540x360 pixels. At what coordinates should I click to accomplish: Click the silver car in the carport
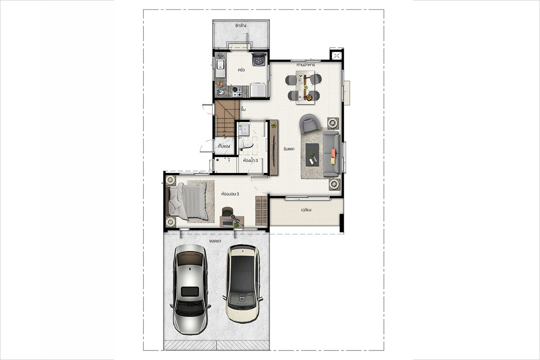(190, 289)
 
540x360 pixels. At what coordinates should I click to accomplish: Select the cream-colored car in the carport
(243, 284)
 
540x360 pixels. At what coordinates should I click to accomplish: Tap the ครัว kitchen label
(241, 70)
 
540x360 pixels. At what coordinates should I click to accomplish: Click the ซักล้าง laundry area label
(241, 25)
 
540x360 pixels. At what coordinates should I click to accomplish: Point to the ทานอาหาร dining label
(306, 65)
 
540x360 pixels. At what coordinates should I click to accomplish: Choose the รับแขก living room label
(289, 149)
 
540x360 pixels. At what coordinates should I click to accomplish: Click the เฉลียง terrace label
(306, 210)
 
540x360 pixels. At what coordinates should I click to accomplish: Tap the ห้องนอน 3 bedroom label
(230, 194)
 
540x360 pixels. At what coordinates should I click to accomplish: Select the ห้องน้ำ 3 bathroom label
(251, 160)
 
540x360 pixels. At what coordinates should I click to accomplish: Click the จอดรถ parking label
(215, 241)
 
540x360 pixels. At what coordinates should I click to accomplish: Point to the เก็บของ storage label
(224, 146)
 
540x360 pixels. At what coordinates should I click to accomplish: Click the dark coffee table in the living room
(312, 154)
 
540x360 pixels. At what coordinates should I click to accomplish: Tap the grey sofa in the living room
(331, 154)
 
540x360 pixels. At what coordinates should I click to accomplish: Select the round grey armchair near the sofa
(310, 123)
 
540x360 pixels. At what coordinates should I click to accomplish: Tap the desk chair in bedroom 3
(227, 212)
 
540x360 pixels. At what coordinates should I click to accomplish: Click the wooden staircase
(227, 118)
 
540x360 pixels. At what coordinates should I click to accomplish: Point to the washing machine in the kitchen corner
(259, 59)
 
